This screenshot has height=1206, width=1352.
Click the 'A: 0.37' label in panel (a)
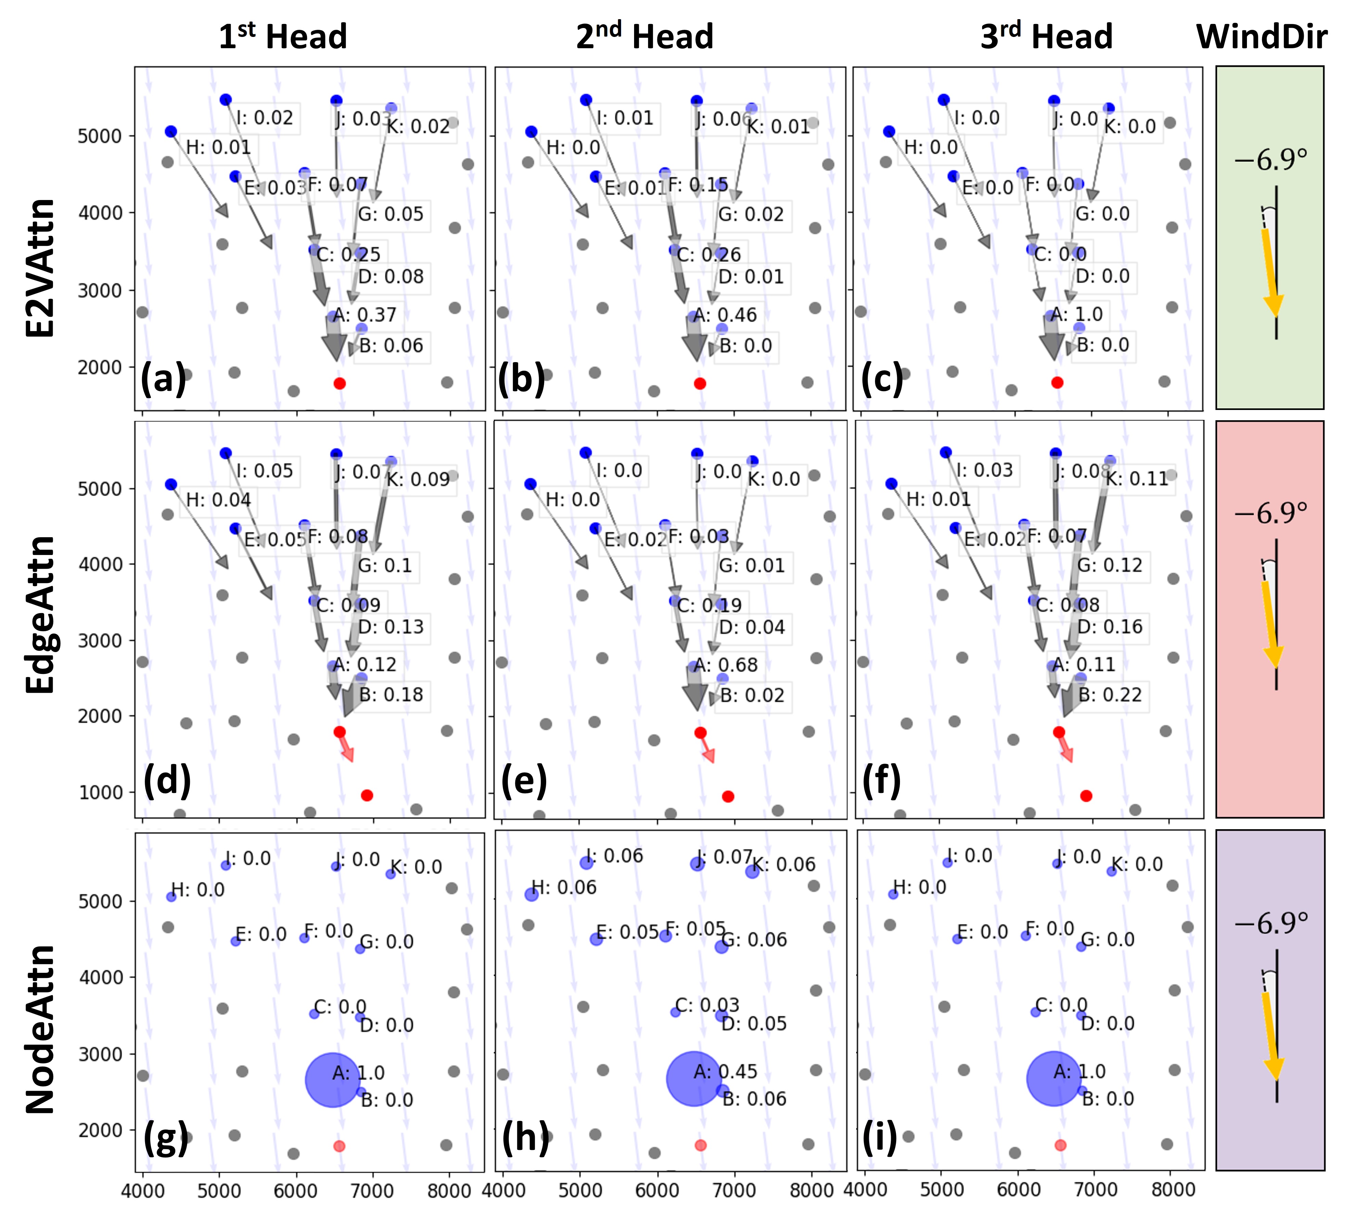click(365, 315)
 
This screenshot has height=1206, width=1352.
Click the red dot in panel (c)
click(1058, 382)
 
